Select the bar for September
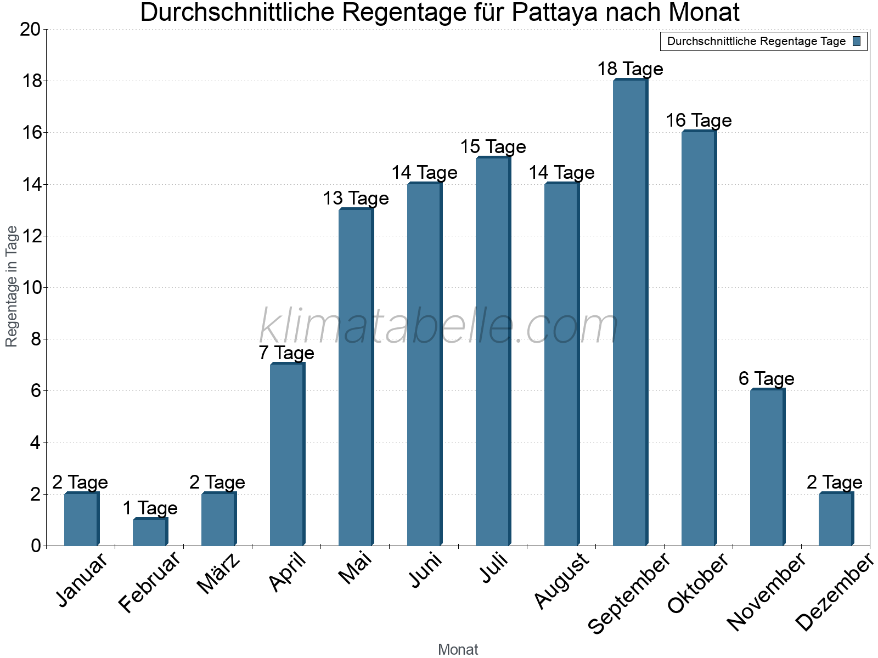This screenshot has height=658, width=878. click(x=630, y=313)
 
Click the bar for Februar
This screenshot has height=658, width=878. click(x=150, y=532)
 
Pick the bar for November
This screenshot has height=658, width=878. click(x=767, y=467)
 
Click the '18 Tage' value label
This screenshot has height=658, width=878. click(x=630, y=69)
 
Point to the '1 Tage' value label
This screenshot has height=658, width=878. click(x=150, y=508)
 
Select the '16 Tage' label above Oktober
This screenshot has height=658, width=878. click(x=699, y=121)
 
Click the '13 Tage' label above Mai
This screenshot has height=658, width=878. click(x=356, y=198)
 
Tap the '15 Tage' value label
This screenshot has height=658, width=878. click(x=493, y=147)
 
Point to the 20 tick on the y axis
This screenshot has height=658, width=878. click(x=30, y=30)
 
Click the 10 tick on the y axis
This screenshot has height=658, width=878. click(x=30, y=288)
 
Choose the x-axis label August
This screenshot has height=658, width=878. click(x=561, y=581)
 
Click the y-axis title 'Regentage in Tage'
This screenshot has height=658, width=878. click(x=12, y=286)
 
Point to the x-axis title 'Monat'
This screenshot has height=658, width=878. click(x=458, y=650)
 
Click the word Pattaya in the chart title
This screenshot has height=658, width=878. click(x=554, y=13)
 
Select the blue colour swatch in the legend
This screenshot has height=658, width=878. click(x=857, y=41)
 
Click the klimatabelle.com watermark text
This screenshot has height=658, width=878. click(x=439, y=326)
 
